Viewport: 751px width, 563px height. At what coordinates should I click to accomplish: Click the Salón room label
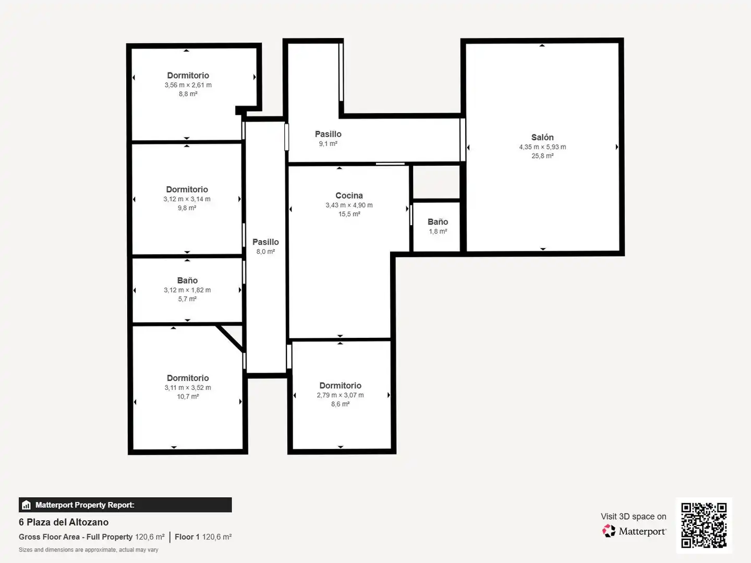point(542,138)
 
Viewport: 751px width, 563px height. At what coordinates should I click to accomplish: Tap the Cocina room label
point(349,195)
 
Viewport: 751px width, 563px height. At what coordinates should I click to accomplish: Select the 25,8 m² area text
point(542,156)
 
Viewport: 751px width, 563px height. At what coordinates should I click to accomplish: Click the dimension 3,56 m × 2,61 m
point(188,85)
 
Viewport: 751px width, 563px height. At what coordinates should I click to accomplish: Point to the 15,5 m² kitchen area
point(349,214)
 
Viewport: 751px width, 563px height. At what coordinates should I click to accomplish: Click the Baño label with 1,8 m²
point(438,222)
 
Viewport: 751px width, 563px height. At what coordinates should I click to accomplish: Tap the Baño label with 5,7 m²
point(187,280)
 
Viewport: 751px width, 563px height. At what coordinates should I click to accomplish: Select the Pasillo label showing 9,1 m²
point(328,134)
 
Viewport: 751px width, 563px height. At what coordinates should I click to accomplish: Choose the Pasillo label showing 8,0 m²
point(265,242)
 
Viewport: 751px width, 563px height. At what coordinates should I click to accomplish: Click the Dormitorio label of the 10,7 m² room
point(188,378)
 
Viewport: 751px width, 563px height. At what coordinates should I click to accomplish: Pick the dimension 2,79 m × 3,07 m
point(340,395)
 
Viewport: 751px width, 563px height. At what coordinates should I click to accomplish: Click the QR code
point(704,525)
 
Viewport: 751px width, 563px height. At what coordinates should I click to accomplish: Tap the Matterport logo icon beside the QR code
point(609,531)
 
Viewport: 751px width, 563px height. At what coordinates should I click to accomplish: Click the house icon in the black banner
point(27,505)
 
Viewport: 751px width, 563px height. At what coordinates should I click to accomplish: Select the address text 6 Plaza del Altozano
point(64,522)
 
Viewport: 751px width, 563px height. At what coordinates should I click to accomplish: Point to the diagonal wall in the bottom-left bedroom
point(230,338)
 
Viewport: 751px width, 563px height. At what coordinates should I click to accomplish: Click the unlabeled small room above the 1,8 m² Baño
point(436,182)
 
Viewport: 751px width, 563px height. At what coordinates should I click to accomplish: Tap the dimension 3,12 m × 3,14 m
point(187,199)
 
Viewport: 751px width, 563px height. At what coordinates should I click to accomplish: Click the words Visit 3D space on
point(633,517)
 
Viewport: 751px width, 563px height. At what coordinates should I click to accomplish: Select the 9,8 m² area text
point(187,208)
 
